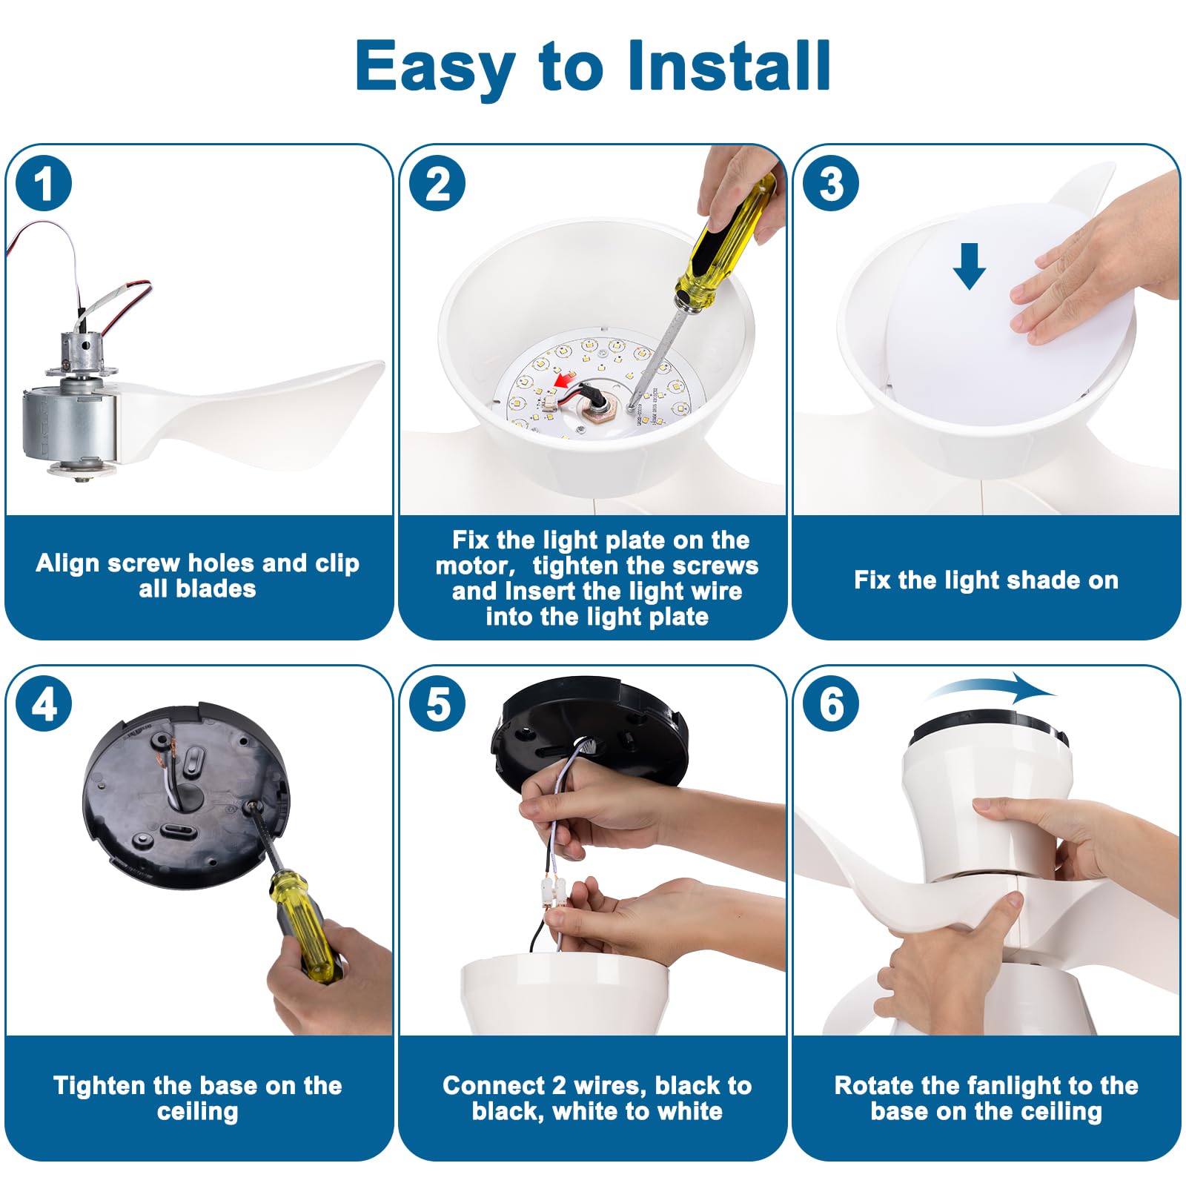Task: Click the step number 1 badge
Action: [44, 184]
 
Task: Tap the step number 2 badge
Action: [438, 184]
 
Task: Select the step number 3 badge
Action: [832, 184]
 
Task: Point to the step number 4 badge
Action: [44, 704]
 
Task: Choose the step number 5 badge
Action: [438, 704]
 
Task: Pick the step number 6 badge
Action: [832, 704]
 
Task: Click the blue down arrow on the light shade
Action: [969, 266]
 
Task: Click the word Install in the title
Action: [729, 66]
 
